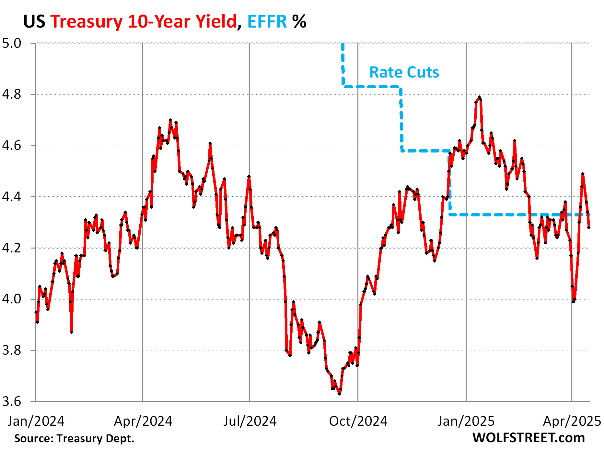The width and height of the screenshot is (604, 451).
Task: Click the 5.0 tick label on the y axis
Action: tap(12, 43)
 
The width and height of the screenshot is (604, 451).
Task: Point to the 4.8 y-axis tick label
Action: tap(12, 94)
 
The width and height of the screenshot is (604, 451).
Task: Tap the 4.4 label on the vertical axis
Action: tap(12, 197)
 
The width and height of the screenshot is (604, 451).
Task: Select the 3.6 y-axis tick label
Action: tap(12, 401)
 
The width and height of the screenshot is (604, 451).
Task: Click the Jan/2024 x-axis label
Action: tap(36, 421)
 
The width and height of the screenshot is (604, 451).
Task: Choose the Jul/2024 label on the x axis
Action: tap(250, 421)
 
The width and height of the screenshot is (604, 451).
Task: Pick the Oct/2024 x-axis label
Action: tap(358, 421)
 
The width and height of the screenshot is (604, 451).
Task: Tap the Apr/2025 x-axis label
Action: tap(572, 421)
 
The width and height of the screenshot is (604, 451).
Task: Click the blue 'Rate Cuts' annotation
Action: tap(404, 72)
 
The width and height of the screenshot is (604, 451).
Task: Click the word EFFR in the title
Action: tap(267, 22)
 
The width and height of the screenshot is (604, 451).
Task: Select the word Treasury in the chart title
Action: tap(87, 22)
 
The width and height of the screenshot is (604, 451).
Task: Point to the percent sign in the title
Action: tap(299, 22)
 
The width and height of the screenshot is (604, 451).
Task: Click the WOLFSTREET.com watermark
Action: tap(528, 438)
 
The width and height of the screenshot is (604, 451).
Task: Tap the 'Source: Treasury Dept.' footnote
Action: tap(74, 438)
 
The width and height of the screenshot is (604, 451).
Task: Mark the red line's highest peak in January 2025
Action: tap(479, 97)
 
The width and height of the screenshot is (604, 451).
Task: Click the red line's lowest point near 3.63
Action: tap(339, 394)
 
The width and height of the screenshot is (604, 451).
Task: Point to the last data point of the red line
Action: tap(588, 227)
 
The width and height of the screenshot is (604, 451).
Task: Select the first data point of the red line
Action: tap(36, 312)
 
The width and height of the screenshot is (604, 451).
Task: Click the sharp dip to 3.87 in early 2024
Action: tap(71, 332)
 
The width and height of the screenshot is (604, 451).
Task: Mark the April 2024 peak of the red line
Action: tap(170, 120)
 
